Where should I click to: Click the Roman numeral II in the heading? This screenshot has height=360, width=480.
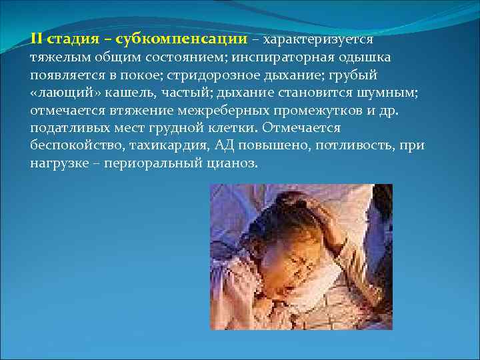tap(37, 39)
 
